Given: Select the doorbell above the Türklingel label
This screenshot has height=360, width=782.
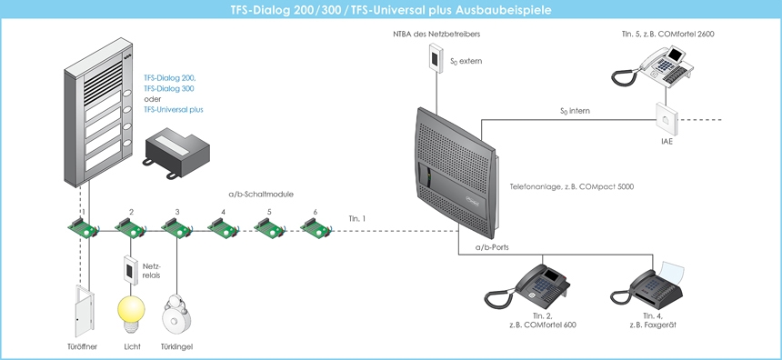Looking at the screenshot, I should point(177,315).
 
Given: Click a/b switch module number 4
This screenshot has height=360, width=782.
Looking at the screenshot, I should point(222,228).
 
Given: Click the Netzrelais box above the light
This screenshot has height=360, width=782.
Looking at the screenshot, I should point(130,269).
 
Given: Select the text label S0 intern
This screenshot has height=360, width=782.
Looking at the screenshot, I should point(575,111).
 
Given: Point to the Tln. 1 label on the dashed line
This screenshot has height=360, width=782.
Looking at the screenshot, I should point(357,218).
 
